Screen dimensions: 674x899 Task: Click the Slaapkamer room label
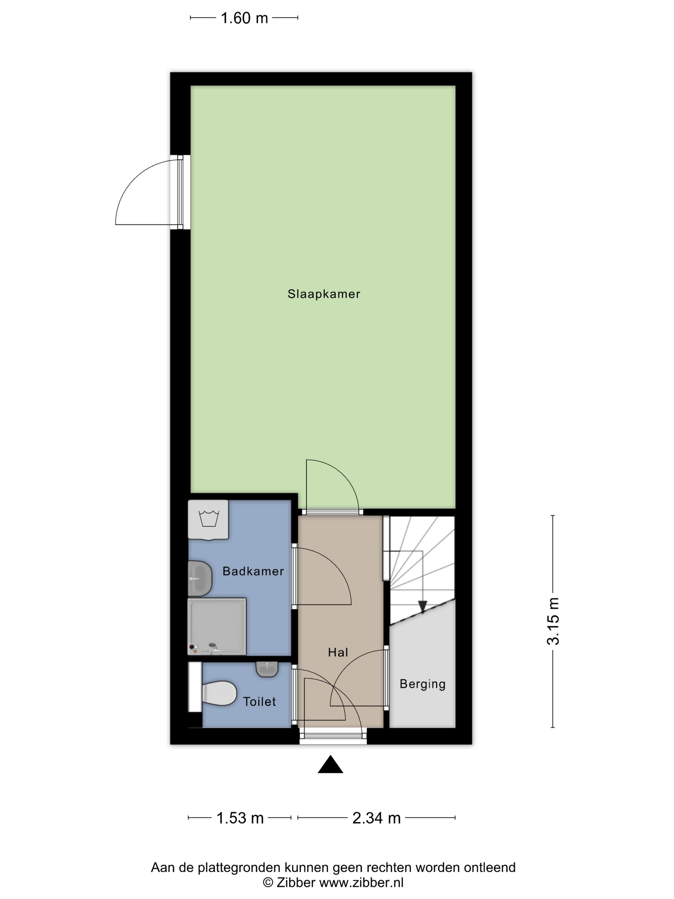point(324,294)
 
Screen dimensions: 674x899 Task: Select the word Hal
point(338,652)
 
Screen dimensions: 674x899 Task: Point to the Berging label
point(422,684)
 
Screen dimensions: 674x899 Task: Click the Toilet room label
point(260,702)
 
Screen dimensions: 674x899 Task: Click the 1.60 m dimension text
point(244,18)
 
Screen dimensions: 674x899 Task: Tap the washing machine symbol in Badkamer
point(208,520)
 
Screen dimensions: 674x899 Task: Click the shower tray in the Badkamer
point(217,626)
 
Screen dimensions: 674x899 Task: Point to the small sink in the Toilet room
point(267,669)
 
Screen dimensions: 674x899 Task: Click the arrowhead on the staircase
point(422,607)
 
